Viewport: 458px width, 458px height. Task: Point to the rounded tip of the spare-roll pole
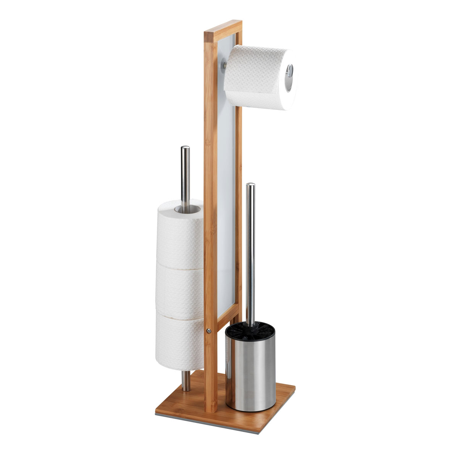(x=185, y=148)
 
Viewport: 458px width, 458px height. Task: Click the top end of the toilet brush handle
(x=250, y=185)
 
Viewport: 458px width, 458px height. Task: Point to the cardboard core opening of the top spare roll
(x=187, y=209)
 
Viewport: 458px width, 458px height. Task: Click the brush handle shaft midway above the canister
(x=250, y=260)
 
